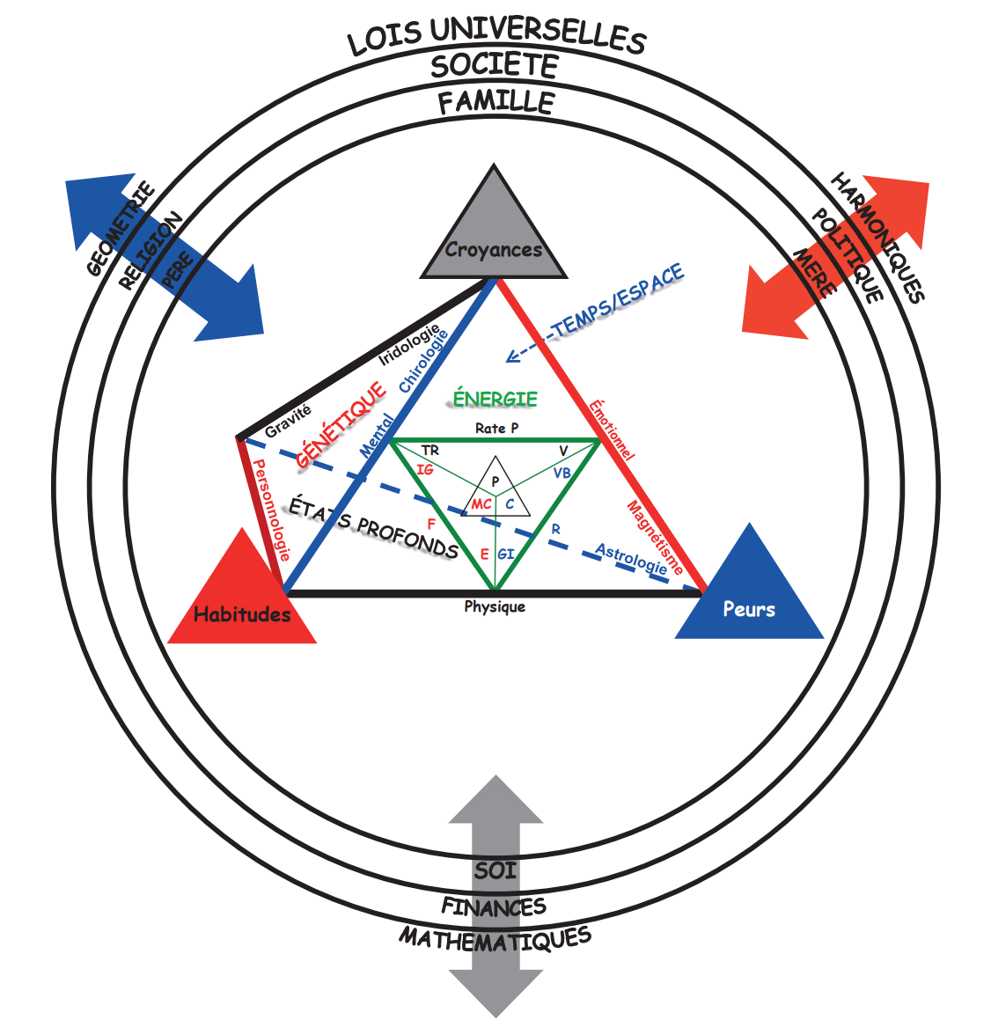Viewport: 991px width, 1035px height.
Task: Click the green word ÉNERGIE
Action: coord(495,399)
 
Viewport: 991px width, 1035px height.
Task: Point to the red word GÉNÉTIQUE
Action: coord(341,424)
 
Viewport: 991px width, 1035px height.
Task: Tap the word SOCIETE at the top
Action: coord(495,66)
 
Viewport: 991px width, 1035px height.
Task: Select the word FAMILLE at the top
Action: coord(496,102)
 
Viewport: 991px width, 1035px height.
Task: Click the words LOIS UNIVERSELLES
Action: coord(496,36)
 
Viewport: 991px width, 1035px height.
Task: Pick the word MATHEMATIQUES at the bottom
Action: coord(495,939)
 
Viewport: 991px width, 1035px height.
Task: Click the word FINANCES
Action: coord(494,907)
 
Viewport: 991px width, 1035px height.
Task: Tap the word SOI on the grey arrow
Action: coord(495,871)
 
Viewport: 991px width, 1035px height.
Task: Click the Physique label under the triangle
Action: coord(495,607)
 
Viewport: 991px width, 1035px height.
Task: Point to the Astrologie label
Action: coord(631,559)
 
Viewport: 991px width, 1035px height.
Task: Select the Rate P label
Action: coord(496,429)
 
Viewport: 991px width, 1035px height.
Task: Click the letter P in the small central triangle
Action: coord(495,481)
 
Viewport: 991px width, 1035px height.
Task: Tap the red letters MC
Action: coord(481,504)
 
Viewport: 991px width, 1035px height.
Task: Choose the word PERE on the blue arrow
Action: coord(178,269)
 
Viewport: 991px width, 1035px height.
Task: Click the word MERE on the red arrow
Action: coord(813,272)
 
